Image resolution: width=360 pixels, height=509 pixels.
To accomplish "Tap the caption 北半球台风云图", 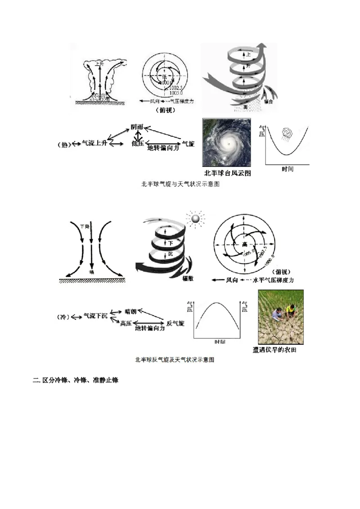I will click(227, 173).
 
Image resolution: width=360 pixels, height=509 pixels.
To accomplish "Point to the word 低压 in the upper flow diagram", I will click(137, 143).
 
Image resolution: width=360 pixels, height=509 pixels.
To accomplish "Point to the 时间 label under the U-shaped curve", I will click(288, 169).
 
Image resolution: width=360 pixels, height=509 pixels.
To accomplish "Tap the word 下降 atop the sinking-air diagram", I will click(84, 226).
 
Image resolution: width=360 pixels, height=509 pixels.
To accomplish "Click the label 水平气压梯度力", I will click(274, 280).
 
